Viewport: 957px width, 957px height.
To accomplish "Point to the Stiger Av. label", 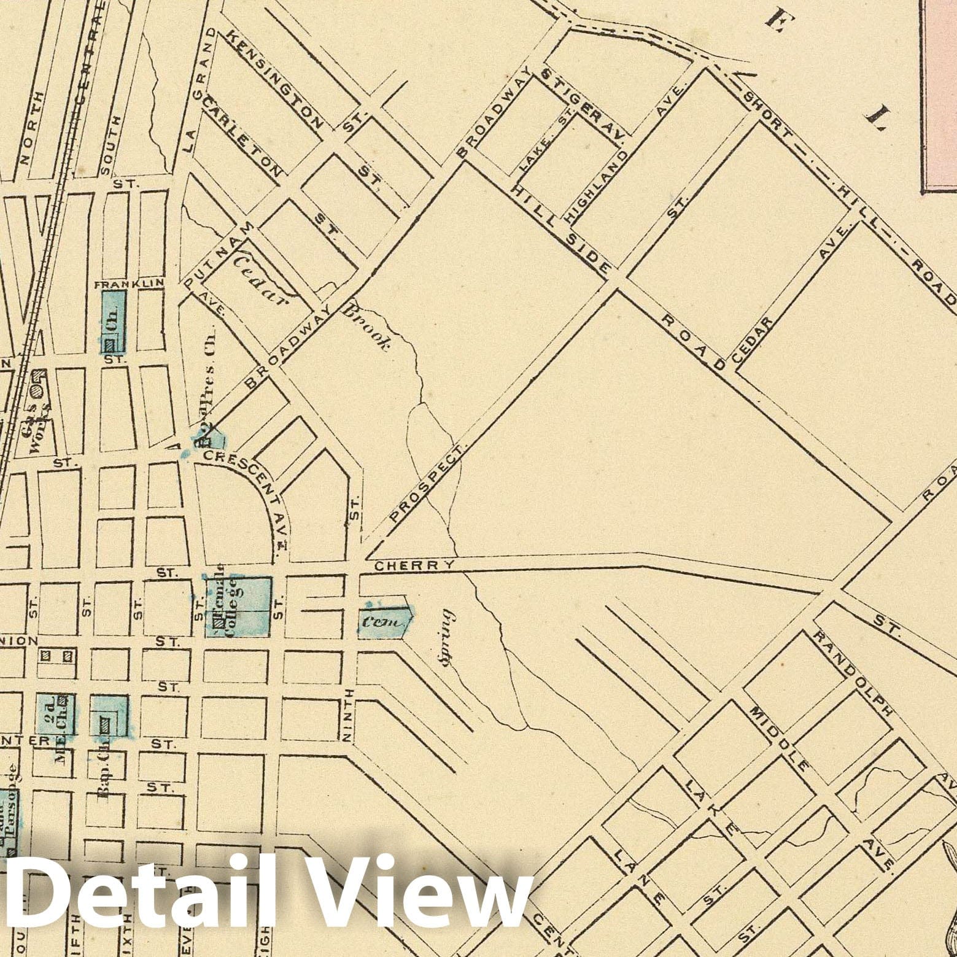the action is point(583,103).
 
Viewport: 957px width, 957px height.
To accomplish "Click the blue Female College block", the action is point(238,606).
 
